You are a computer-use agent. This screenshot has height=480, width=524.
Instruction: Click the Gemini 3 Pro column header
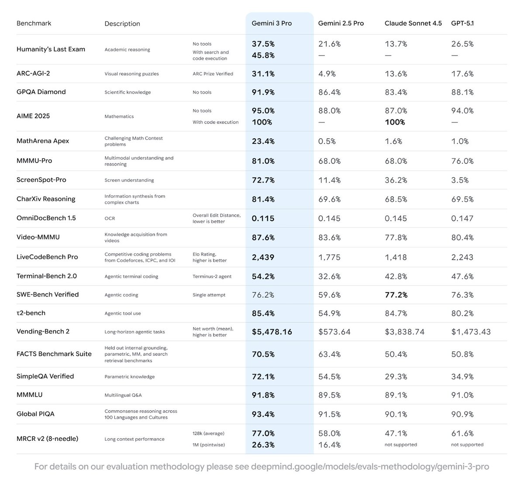[272, 23]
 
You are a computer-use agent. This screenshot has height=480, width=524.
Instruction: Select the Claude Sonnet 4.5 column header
[413, 23]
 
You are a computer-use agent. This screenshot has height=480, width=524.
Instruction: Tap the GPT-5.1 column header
[462, 23]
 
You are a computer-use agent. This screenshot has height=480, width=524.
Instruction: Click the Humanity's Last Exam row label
[51, 49]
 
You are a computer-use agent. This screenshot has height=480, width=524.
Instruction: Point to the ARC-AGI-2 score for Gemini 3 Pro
[263, 74]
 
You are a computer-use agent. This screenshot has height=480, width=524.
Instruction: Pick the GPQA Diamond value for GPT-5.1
[462, 92]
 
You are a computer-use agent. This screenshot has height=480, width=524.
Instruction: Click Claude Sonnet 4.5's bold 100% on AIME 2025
[395, 122]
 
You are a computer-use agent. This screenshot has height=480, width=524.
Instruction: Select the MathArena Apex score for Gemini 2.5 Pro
[327, 141]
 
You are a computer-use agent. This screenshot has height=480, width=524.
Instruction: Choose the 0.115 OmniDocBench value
[263, 218]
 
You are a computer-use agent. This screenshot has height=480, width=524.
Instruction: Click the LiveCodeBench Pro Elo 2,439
[263, 257]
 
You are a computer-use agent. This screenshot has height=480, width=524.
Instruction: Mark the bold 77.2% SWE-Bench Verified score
[396, 295]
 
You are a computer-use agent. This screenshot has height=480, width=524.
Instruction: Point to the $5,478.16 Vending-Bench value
[272, 332]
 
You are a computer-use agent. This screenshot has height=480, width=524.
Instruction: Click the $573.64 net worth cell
[334, 332]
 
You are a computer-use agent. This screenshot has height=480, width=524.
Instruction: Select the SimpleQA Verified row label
[45, 376]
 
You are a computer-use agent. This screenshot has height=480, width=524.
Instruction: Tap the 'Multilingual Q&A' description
[123, 395]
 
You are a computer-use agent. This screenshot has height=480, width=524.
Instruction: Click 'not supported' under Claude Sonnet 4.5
[401, 445]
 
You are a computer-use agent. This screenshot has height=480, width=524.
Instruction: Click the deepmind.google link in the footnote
[370, 466]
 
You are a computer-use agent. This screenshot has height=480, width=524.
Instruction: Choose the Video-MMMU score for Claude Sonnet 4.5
[396, 237]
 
